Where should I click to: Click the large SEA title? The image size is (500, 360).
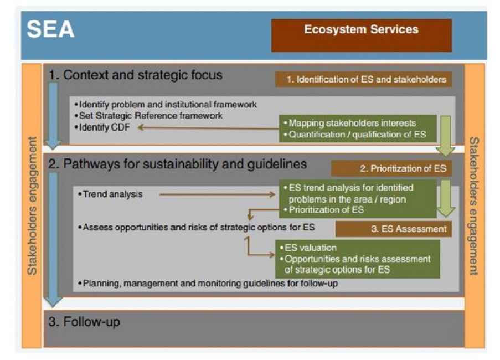pos(50,29)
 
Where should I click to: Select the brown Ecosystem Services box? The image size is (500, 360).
pos(361,35)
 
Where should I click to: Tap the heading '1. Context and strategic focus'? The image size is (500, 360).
pos(136,75)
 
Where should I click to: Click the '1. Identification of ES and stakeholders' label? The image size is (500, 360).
pos(364,79)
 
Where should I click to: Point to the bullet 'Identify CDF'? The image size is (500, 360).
pos(102,127)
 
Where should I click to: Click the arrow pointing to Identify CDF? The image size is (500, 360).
pos(208,128)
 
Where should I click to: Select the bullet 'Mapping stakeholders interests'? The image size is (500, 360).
pos(350,123)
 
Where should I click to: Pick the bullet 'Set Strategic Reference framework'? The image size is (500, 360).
pos(148,115)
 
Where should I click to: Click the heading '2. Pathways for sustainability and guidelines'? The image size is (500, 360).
pos(177,164)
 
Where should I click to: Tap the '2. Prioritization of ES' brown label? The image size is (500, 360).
pos(391,168)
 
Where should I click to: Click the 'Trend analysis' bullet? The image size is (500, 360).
pos(110,194)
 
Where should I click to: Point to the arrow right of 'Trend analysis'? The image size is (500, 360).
pos(217,194)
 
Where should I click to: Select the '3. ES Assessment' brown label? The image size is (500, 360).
pos(394,229)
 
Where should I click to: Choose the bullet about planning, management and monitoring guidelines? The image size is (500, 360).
pos(208,283)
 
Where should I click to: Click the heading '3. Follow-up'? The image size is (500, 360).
pos(84,321)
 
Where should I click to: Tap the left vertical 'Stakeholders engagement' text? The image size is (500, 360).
pos(32,206)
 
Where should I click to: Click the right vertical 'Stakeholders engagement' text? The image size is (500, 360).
pos(474,206)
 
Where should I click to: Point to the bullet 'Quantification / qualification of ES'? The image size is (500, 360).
pos(355,135)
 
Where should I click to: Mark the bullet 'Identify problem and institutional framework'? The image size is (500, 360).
pos(166,104)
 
